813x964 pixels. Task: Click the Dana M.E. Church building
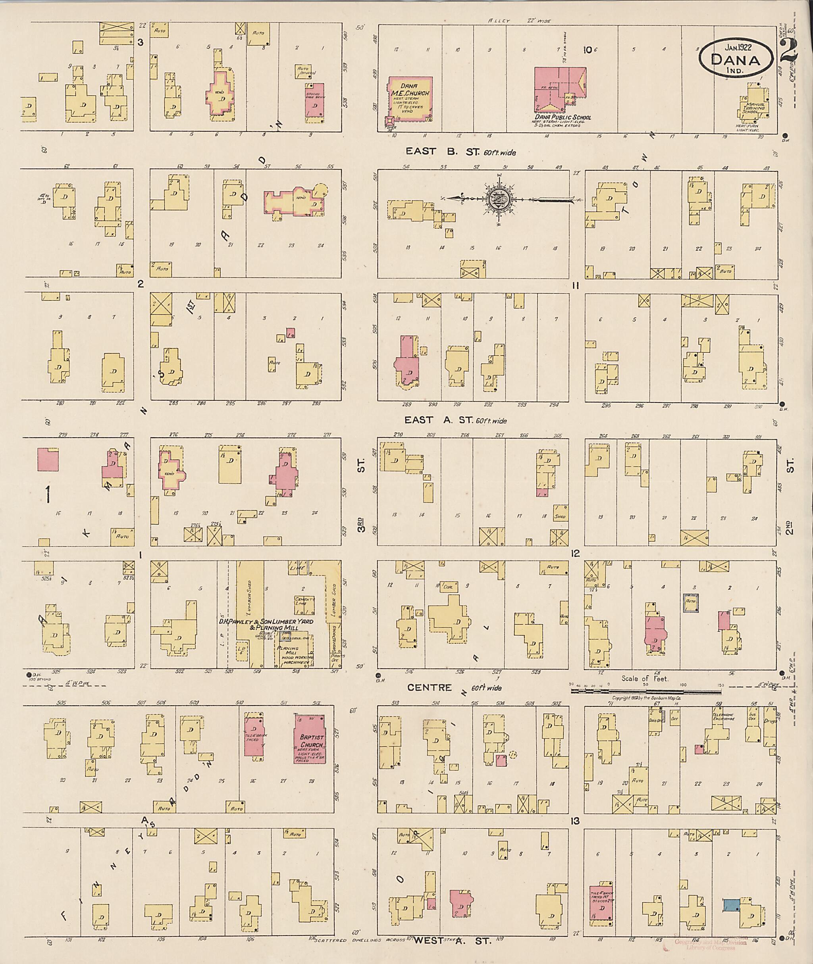tap(410, 100)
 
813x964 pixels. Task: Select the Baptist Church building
tap(310, 739)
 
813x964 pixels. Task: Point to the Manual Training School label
tap(755, 109)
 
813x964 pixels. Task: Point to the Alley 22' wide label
tap(520, 21)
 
